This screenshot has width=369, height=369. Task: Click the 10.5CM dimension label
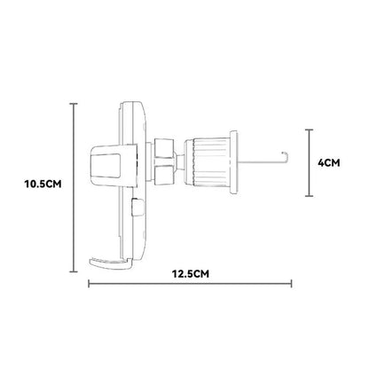(x=43, y=184)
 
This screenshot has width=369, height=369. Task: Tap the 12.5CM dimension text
(x=191, y=274)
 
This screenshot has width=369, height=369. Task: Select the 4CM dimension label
(x=329, y=162)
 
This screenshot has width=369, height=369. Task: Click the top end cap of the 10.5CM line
(x=74, y=104)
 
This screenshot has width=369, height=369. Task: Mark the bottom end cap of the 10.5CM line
(x=74, y=271)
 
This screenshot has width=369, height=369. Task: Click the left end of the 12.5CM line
(x=89, y=284)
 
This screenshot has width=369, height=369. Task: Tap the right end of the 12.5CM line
(x=292, y=284)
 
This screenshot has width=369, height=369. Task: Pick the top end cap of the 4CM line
(x=310, y=130)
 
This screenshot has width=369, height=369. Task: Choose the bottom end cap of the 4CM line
(x=310, y=196)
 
